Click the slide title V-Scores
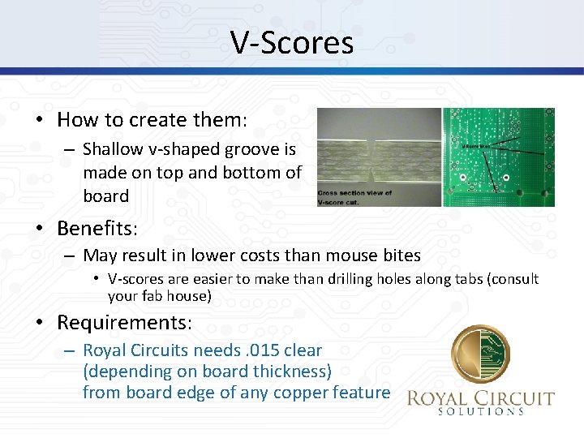point(292,42)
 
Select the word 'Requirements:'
point(124,323)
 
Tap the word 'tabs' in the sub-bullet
point(427,279)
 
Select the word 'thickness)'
point(292,371)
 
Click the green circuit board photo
point(499,157)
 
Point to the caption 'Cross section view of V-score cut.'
point(355,197)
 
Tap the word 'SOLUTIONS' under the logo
point(481,412)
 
